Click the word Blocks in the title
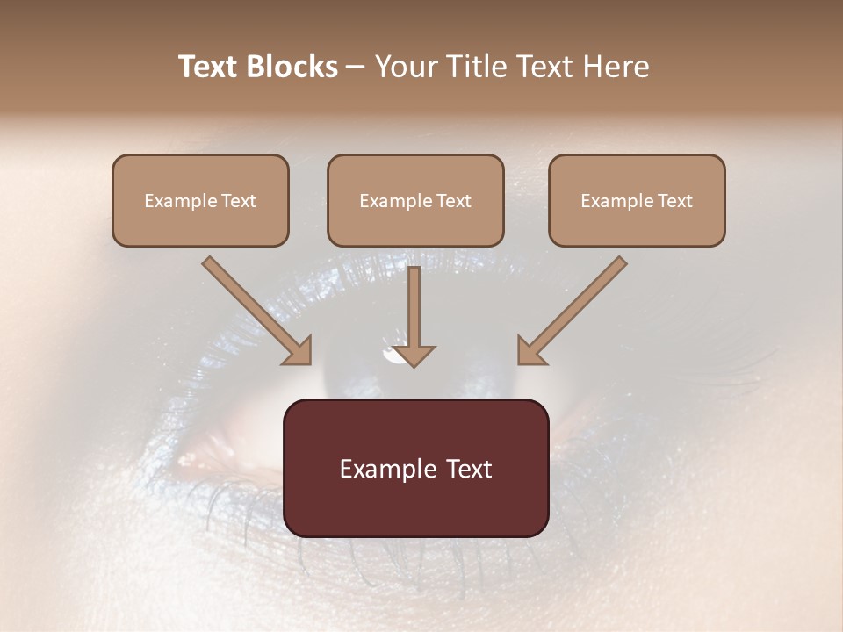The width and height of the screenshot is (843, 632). click(293, 67)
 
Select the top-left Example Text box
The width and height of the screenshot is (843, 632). click(200, 200)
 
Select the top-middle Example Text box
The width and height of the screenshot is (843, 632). click(415, 200)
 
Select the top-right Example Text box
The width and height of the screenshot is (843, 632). click(637, 200)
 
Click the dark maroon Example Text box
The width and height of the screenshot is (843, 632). click(415, 468)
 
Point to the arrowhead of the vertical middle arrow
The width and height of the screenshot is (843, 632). click(414, 355)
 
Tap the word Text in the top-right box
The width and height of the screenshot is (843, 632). click(675, 201)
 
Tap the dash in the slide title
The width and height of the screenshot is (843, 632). click(356, 68)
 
